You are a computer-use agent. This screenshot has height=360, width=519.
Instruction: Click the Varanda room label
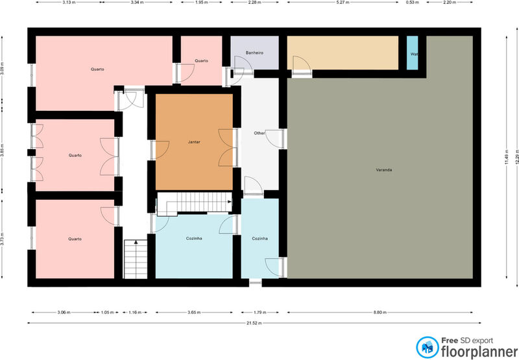pyautogui.click(x=384, y=170)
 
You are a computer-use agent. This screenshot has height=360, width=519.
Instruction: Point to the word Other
pyautogui.click(x=259, y=133)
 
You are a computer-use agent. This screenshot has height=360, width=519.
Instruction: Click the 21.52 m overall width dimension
pyautogui.click(x=254, y=322)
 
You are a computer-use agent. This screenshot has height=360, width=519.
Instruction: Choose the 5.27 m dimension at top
pyautogui.click(x=343, y=3)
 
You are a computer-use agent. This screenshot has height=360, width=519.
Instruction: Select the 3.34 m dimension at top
pyautogui.click(x=137, y=3)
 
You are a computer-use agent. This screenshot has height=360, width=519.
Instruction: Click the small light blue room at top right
pyautogui.click(x=413, y=53)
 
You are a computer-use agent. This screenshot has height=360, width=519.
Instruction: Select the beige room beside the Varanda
pyautogui.click(x=343, y=53)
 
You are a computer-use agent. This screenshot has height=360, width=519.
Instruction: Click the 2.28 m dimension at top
pyautogui.click(x=254, y=3)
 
